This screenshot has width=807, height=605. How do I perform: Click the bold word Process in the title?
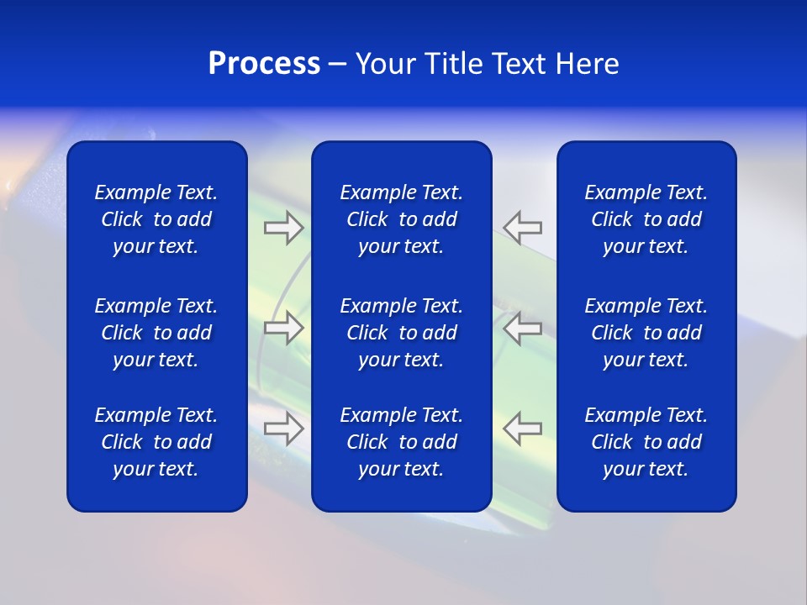click(264, 64)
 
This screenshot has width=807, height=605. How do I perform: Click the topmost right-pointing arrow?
click(283, 228)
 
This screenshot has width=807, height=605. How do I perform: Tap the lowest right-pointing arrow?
click(283, 429)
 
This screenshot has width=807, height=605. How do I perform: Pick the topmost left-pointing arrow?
click(523, 228)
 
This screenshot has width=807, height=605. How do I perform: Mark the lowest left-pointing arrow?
click(523, 429)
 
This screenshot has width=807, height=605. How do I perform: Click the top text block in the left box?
click(156, 219)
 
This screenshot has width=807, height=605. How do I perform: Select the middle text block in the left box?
click(156, 333)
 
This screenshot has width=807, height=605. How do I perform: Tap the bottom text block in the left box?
click(156, 442)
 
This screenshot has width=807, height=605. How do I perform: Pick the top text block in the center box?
click(401, 219)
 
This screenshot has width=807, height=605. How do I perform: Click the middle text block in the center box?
click(401, 333)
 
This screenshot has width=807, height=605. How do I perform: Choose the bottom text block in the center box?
click(401, 442)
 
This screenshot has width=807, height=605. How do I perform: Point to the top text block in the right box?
click(646, 219)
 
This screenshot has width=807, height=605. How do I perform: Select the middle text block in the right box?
click(646, 333)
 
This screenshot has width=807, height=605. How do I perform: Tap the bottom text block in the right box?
click(646, 442)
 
